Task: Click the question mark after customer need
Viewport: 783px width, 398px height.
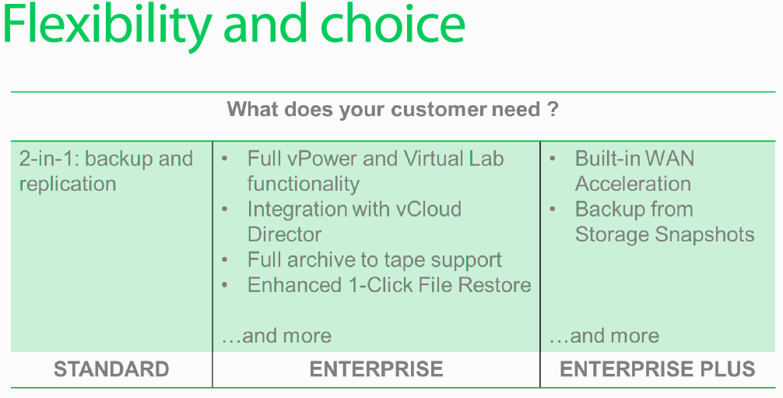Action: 553,108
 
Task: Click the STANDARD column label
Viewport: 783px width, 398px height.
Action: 111,369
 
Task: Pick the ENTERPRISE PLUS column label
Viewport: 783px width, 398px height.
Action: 657,369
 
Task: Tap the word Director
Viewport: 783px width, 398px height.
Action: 284,234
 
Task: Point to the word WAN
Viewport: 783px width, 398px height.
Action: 670,159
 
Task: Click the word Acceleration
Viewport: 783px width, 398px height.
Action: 633,184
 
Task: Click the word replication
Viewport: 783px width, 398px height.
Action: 68,184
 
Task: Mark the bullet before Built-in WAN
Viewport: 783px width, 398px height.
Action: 553,159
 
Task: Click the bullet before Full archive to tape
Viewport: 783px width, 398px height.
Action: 225,260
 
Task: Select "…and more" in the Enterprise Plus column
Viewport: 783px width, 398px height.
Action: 604,336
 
